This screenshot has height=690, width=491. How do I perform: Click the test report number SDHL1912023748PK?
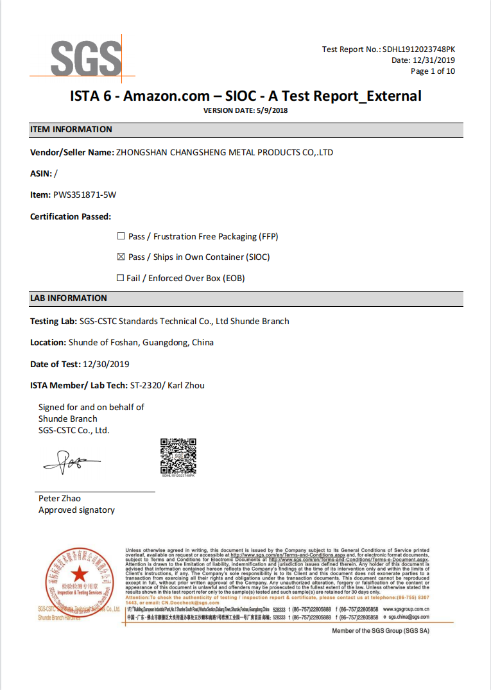pyautogui.click(x=418, y=49)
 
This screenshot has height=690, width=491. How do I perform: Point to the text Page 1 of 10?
pyautogui.click(x=433, y=71)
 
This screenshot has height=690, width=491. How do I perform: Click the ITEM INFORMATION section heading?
pyautogui.click(x=71, y=130)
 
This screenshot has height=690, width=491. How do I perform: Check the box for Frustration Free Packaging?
pyautogui.click(x=121, y=237)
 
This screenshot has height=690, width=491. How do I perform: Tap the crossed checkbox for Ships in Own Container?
pyautogui.click(x=121, y=257)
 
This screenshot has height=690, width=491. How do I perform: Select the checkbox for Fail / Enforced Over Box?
pyautogui.click(x=120, y=279)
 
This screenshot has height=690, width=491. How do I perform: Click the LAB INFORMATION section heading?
pyautogui.click(x=69, y=298)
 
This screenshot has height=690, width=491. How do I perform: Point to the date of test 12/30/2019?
pyautogui.click(x=106, y=365)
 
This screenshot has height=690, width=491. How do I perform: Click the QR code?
pyautogui.click(x=178, y=456)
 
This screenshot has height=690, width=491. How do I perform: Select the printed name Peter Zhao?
pyautogui.click(x=60, y=499)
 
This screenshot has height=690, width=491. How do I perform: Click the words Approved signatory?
pyautogui.click(x=76, y=510)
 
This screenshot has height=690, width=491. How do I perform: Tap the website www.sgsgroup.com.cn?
pyautogui.click(x=406, y=608)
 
